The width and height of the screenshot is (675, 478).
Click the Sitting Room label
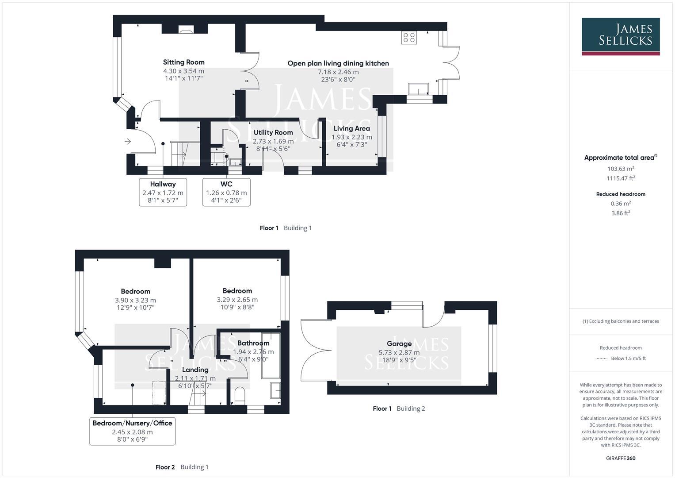[x=183, y=62]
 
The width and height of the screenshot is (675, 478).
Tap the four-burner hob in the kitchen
[x=409, y=38]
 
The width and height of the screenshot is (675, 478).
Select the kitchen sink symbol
[x=418, y=89]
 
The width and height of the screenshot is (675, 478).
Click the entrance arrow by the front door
[x=128, y=142]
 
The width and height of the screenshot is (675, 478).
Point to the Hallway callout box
[x=163, y=193]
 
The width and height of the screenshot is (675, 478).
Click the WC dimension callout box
[x=226, y=193]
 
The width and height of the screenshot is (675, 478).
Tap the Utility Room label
[x=273, y=132]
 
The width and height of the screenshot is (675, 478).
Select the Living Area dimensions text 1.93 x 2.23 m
[x=352, y=137]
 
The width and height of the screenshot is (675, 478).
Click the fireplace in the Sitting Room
[x=185, y=30]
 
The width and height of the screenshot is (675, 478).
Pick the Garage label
[x=399, y=343]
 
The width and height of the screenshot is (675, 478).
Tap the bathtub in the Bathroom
[x=271, y=355]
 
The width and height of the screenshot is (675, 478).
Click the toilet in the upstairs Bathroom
[x=239, y=395]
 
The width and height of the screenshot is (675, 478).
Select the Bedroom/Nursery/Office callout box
[x=132, y=431]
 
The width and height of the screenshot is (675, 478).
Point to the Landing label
[x=195, y=370]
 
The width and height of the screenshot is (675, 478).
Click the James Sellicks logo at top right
[x=620, y=36]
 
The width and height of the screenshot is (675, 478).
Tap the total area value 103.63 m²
[x=621, y=169]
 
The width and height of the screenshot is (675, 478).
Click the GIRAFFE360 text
[x=621, y=458]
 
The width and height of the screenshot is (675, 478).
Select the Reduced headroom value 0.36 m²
[x=621, y=204]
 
